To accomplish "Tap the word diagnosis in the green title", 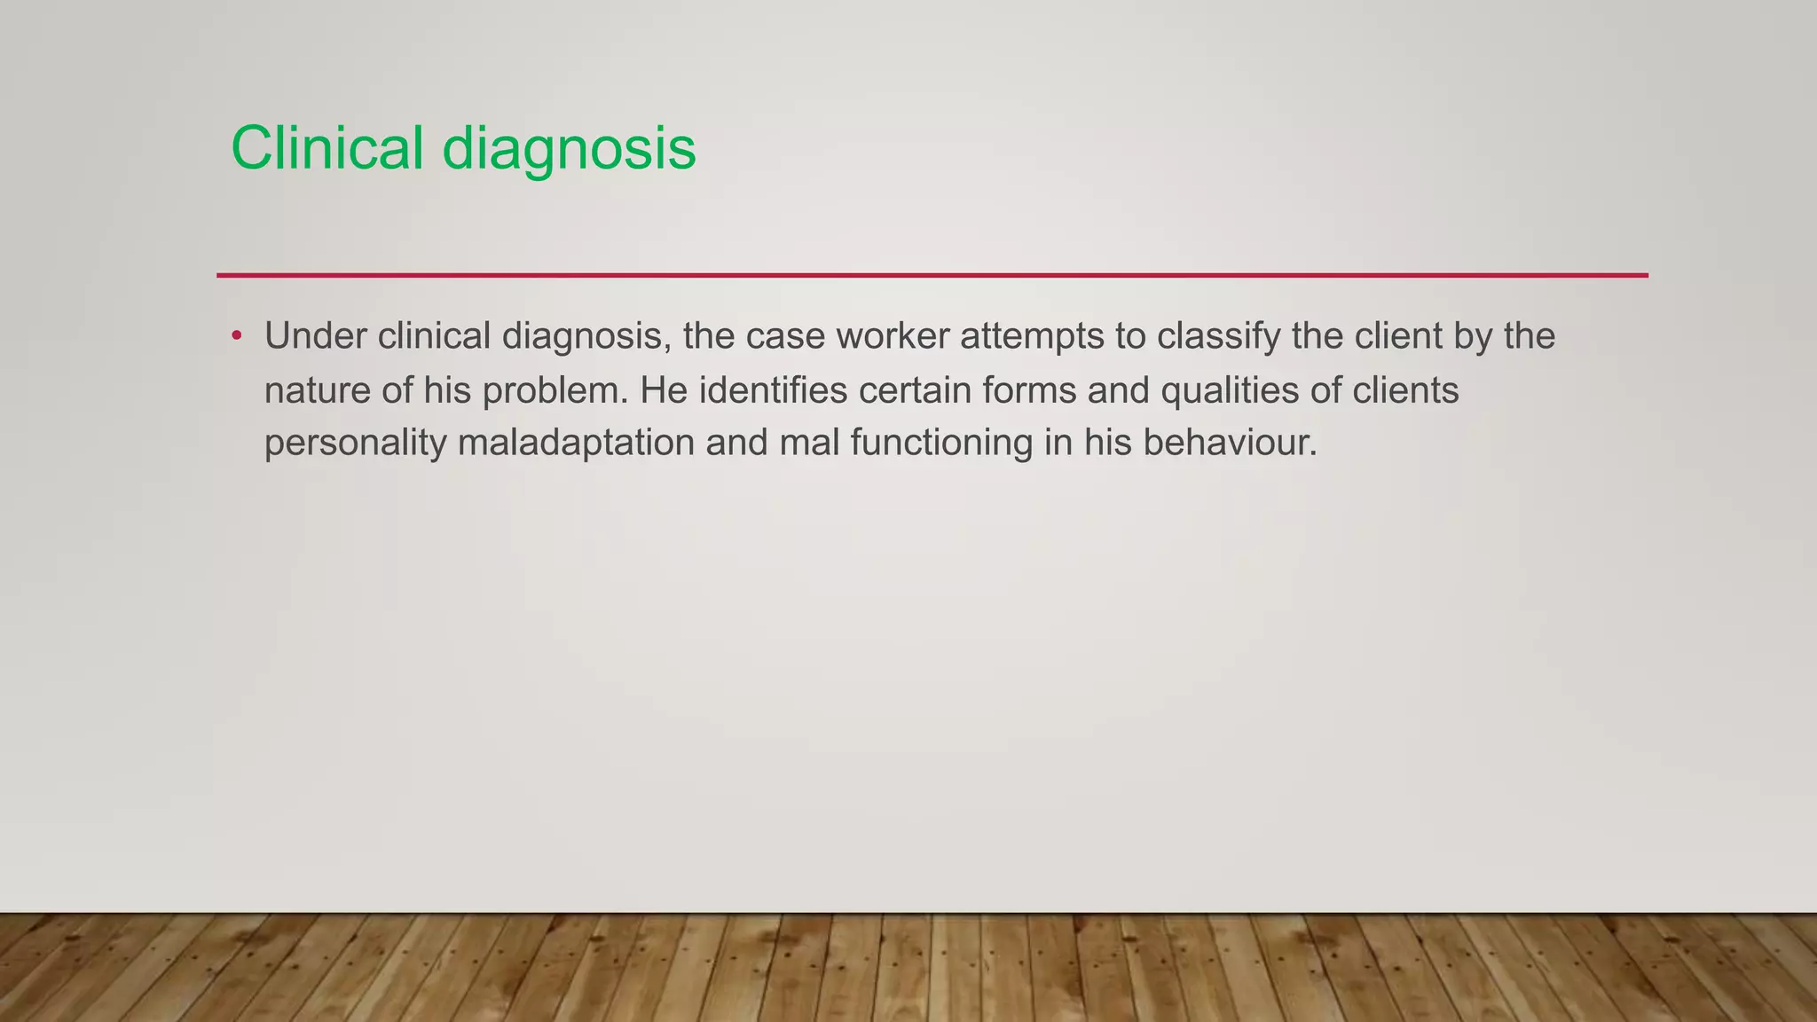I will [569, 149].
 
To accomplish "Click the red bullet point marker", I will [236, 336].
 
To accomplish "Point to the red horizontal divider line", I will [932, 275].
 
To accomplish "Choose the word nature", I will [318, 390].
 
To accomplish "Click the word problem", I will [555, 390].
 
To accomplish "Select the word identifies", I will [773, 390].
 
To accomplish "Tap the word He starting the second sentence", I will [664, 390].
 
